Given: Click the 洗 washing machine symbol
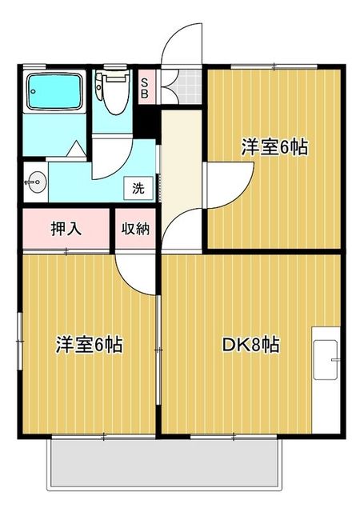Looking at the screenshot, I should click(x=138, y=189).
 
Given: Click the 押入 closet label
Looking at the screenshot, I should click(x=66, y=229).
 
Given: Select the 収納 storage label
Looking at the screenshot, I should click(x=135, y=229).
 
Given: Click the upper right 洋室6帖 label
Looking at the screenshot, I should click(x=274, y=147).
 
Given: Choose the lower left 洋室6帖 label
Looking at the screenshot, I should click(x=88, y=346).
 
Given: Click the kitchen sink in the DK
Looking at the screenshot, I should click(x=326, y=359).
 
